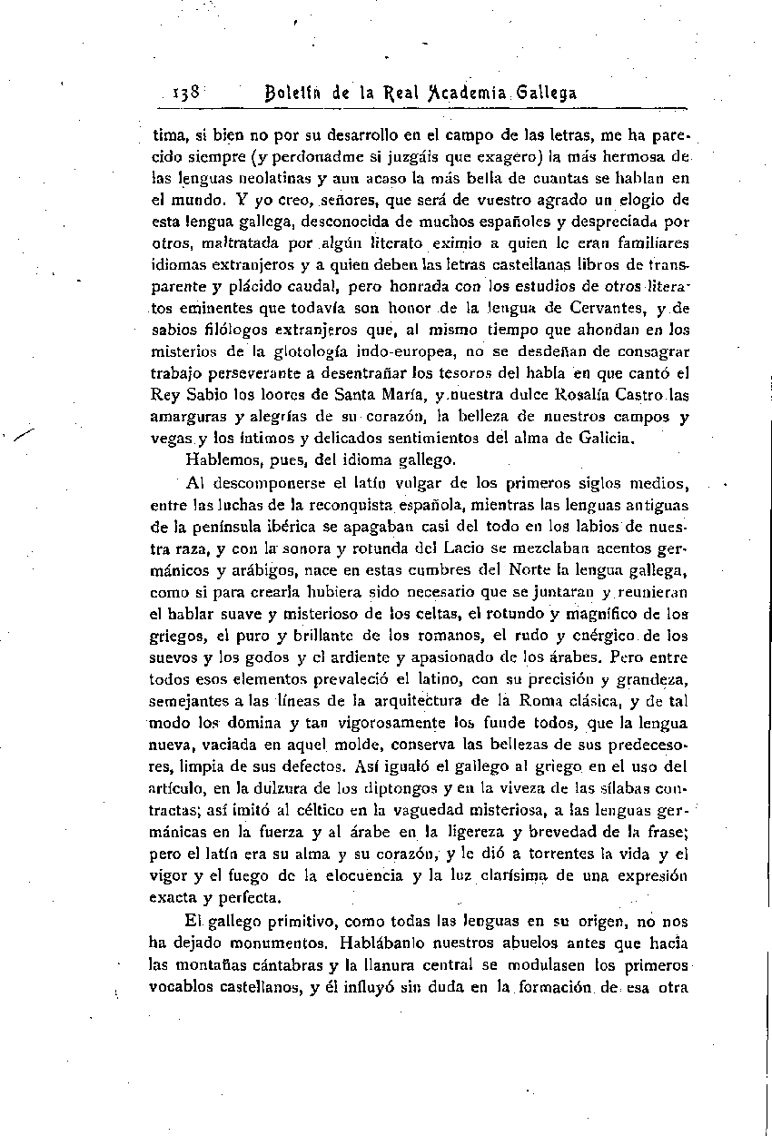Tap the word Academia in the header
pos(450,94)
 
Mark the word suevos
pos(172,657)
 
